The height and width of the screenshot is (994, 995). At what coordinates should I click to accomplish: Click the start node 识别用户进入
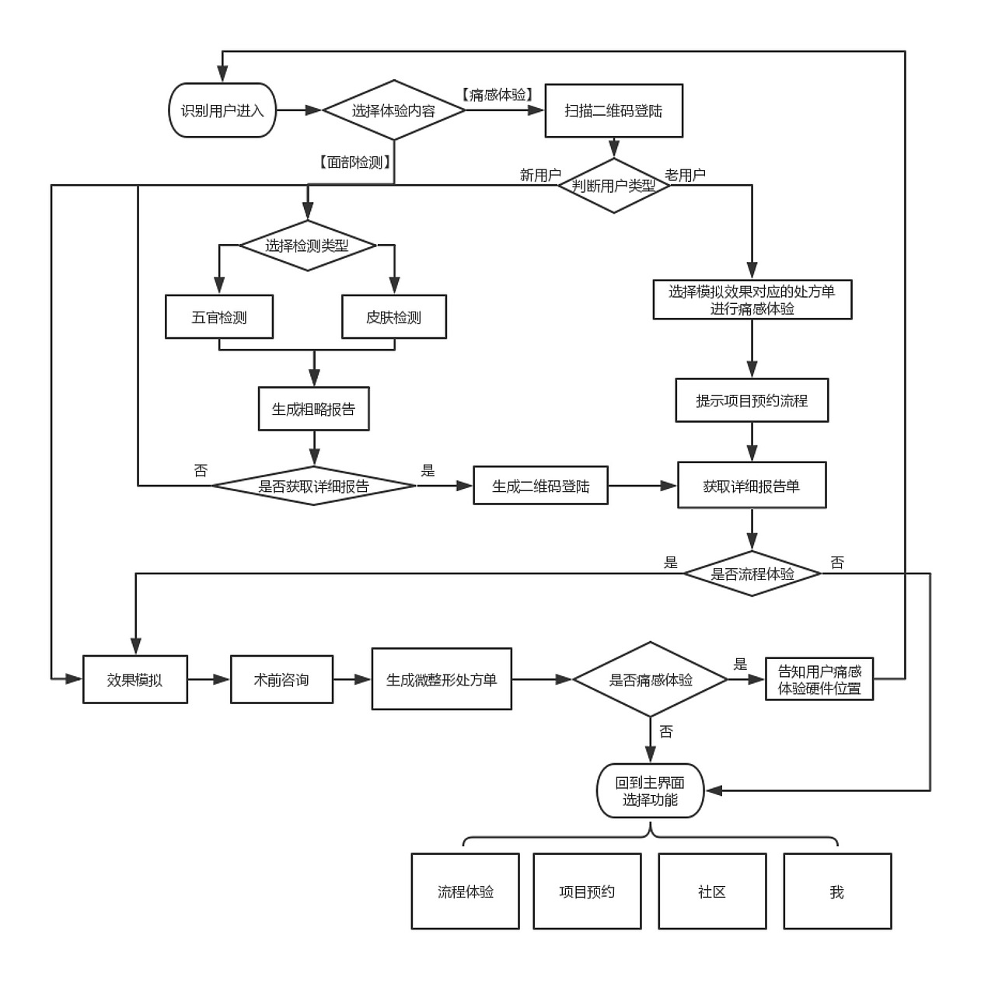click(222, 110)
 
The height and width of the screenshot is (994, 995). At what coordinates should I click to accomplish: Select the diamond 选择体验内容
click(394, 110)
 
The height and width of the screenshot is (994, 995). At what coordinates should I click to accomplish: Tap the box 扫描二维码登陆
click(613, 110)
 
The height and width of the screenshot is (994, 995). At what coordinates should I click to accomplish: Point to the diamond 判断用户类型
click(613, 186)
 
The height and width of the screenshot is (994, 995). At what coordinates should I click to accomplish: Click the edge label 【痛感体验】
click(497, 95)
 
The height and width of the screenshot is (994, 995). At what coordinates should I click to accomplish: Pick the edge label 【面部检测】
click(355, 162)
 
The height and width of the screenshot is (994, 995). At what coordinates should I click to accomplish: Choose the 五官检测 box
click(219, 317)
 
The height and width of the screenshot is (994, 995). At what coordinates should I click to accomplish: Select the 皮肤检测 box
click(394, 317)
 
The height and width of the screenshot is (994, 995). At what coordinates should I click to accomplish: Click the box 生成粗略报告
click(313, 409)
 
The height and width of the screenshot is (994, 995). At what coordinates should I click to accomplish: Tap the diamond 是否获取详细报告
click(313, 487)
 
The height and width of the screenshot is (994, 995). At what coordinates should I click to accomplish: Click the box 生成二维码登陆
click(540, 487)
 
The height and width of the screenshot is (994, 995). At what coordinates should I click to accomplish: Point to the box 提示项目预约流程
click(752, 401)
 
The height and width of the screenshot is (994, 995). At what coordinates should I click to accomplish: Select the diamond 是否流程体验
click(752, 574)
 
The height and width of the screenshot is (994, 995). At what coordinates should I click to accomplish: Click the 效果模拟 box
click(135, 680)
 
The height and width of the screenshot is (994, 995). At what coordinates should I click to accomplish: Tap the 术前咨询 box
click(281, 680)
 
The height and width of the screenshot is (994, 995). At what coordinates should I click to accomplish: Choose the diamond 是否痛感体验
click(650, 680)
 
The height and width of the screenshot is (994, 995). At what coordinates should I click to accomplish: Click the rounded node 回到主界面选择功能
click(650, 791)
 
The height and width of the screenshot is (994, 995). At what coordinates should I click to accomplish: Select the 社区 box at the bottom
click(712, 891)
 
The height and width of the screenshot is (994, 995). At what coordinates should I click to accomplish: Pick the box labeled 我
click(837, 891)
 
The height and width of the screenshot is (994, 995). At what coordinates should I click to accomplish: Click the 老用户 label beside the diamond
click(686, 175)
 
